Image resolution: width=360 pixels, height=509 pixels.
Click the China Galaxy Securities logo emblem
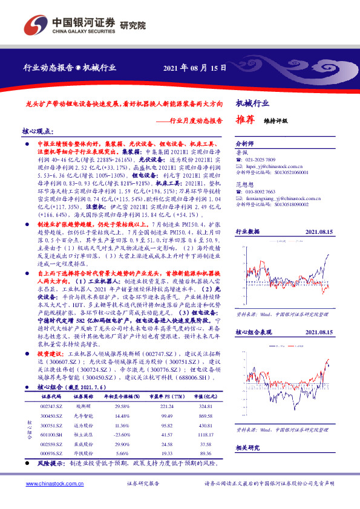click(35, 26)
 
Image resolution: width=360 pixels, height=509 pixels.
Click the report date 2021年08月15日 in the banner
click(195, 68)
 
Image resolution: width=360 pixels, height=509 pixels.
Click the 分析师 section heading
click(244, 144)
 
